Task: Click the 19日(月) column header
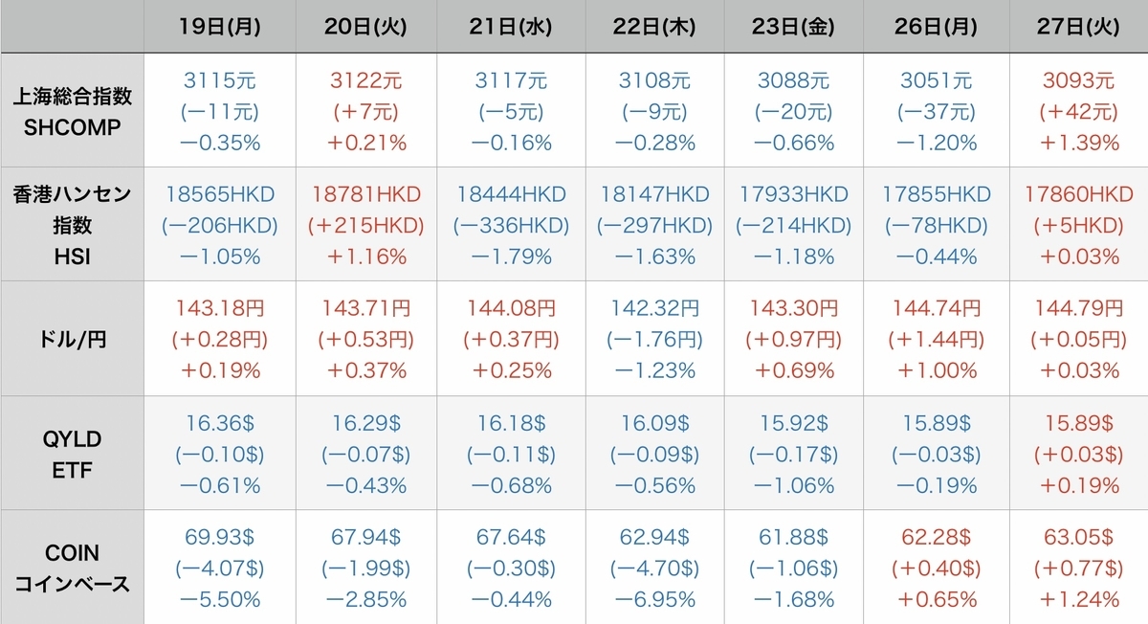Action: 219,27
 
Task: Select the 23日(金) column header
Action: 793,27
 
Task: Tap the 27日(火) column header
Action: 1078,27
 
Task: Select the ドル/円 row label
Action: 73,340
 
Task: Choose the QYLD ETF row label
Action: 73,455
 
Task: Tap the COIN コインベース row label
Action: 73,568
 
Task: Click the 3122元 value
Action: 365,80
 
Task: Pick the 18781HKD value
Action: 365,194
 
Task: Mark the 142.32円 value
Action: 654,308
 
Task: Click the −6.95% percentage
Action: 654,599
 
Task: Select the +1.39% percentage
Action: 1078,143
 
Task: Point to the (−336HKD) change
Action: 511,226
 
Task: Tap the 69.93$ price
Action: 219,537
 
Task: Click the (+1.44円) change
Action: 936,340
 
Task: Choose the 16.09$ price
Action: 654,423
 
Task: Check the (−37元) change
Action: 936,112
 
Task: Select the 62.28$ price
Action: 936,537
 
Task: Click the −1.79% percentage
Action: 511,256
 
